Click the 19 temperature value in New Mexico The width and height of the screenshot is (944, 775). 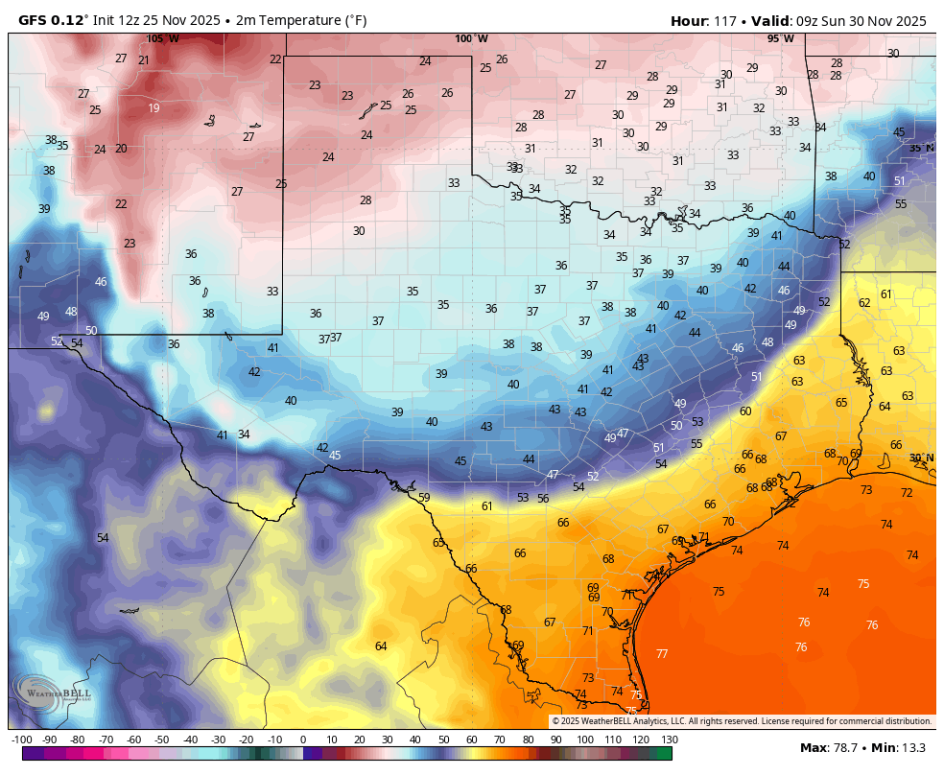pos(153,108)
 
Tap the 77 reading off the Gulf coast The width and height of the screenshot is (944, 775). pos(662,654)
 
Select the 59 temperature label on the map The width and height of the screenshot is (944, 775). pos(424,498)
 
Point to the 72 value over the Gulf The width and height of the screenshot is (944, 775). pos(907,493)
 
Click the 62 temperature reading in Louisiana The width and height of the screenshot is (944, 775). pos(864,303)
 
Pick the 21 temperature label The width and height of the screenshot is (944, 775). pos(144,60)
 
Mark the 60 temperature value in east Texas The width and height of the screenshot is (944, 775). pos(745,411)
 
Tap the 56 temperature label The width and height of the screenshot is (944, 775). pos(543,499)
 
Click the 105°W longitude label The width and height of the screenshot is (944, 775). pos(162,39)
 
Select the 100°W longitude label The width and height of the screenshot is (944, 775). pos(471,39)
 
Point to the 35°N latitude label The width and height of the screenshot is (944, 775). pos(921,148)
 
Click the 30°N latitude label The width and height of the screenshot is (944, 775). pos(921,458)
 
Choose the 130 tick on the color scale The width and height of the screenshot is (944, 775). pos(670,740)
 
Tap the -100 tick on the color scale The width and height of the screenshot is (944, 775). pos(21,740)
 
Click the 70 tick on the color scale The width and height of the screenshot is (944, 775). pos(500,740)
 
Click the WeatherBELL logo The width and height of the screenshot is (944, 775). pos(53,693)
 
